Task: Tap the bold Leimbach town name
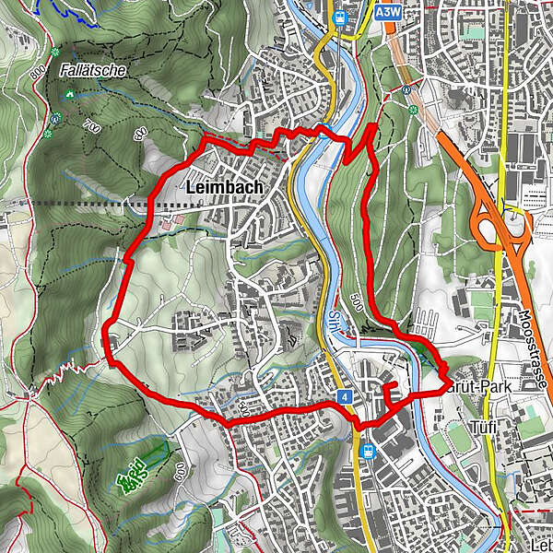coord(224,187)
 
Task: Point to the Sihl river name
coord(332,319)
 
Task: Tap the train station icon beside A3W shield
coord(340,16)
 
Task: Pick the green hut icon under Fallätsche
coord(70,94)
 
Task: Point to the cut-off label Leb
coord(539,546)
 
